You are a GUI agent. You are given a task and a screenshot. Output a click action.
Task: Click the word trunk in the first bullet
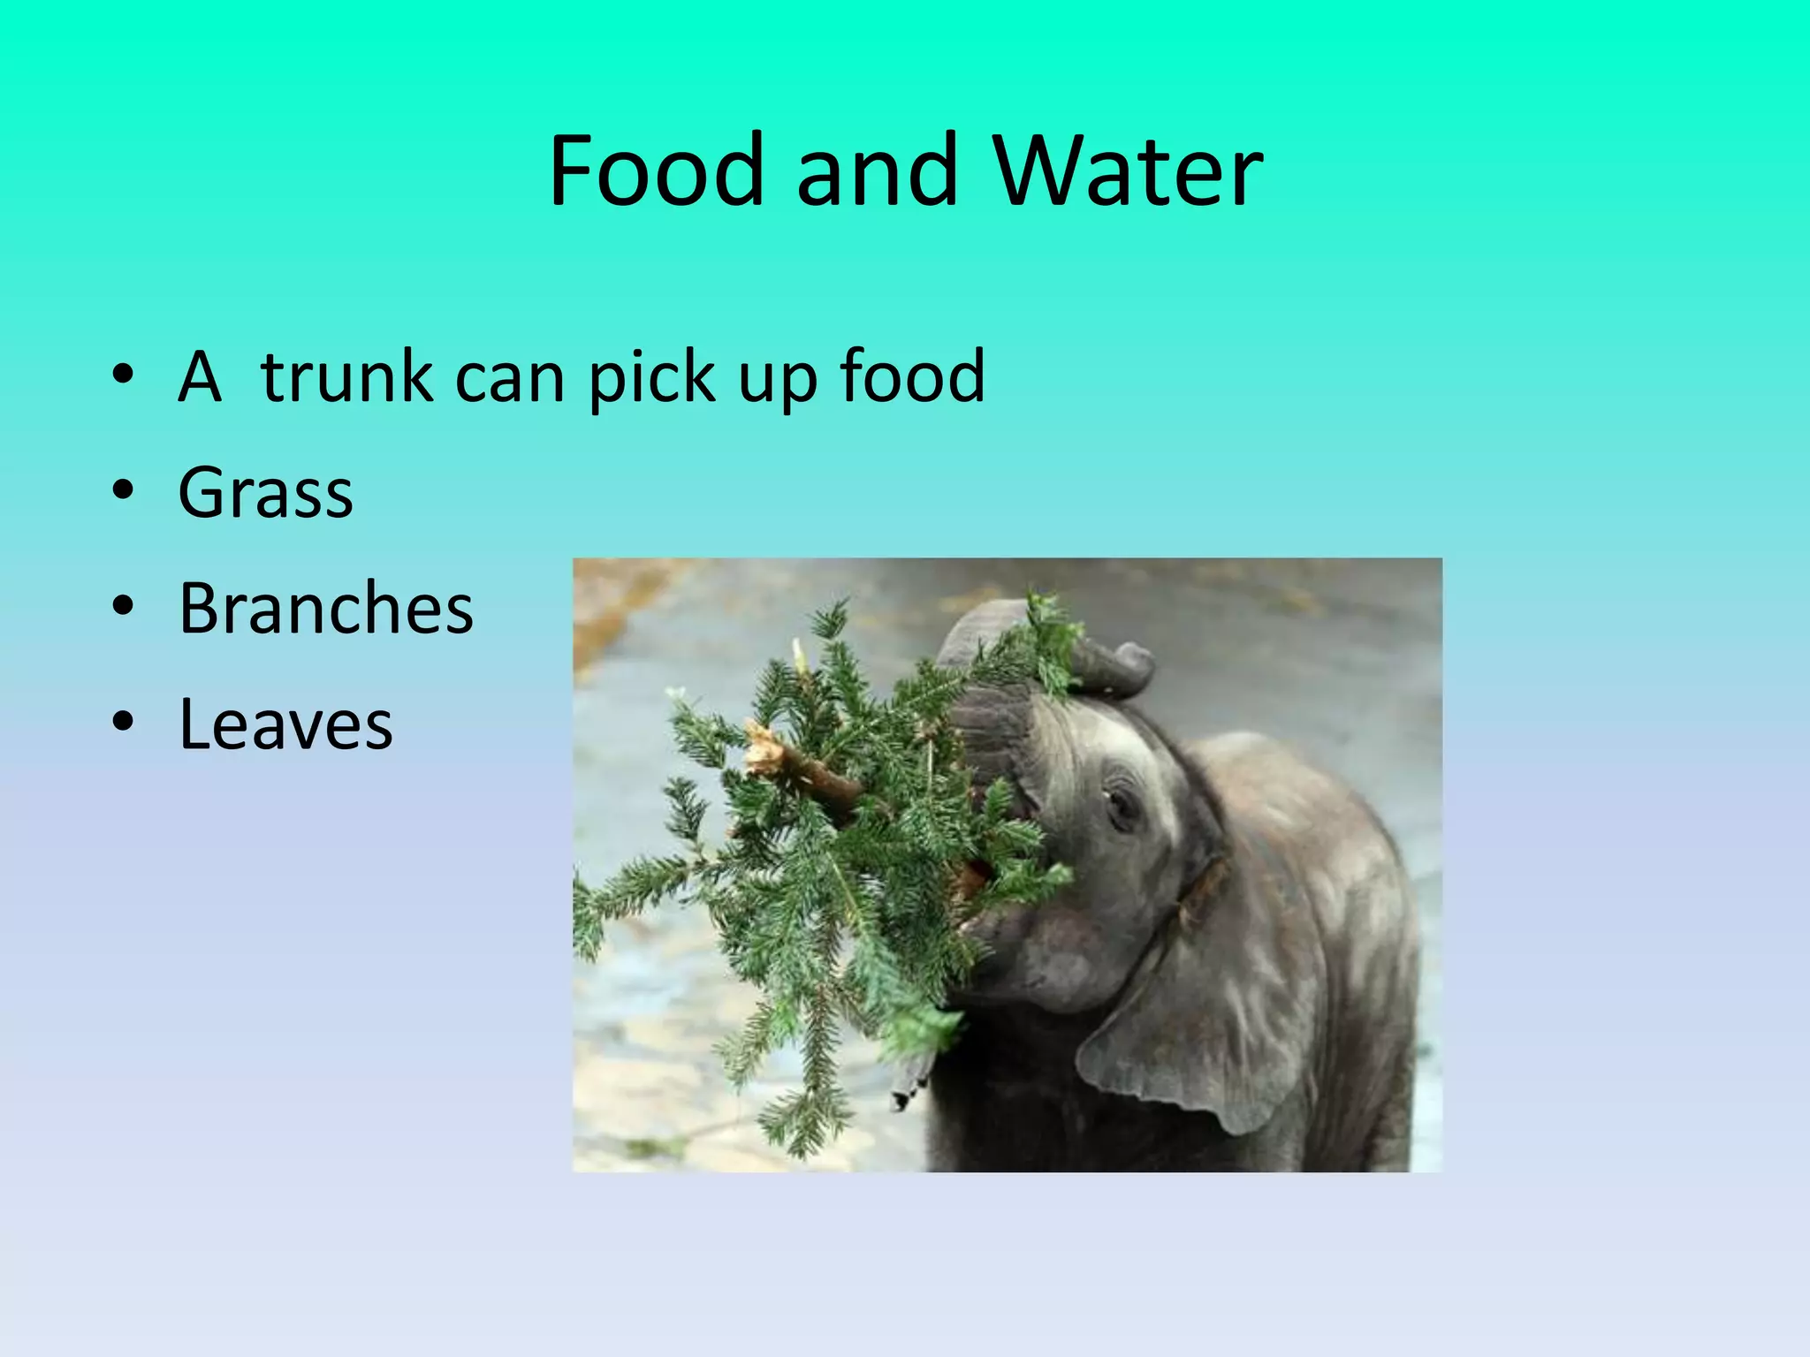click(346, 376)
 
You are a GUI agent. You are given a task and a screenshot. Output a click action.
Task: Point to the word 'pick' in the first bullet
click(651, 376)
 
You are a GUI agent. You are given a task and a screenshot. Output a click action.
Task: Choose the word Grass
click(265, 492)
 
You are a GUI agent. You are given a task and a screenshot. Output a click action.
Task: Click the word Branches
click(325, 608)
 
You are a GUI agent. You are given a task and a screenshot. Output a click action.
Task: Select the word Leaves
click(285, 724)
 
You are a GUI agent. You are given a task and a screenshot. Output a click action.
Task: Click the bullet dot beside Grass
click(124, 489)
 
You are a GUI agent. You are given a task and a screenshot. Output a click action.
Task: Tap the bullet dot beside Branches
click(124, 606)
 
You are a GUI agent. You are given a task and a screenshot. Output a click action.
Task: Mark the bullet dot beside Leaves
click(124, 722)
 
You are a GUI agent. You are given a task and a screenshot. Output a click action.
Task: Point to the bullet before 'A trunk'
click(124, 375)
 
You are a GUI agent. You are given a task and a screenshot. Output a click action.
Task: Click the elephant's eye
click(1121, 806)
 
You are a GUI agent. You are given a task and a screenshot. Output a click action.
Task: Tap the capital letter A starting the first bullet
click(199, 376)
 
